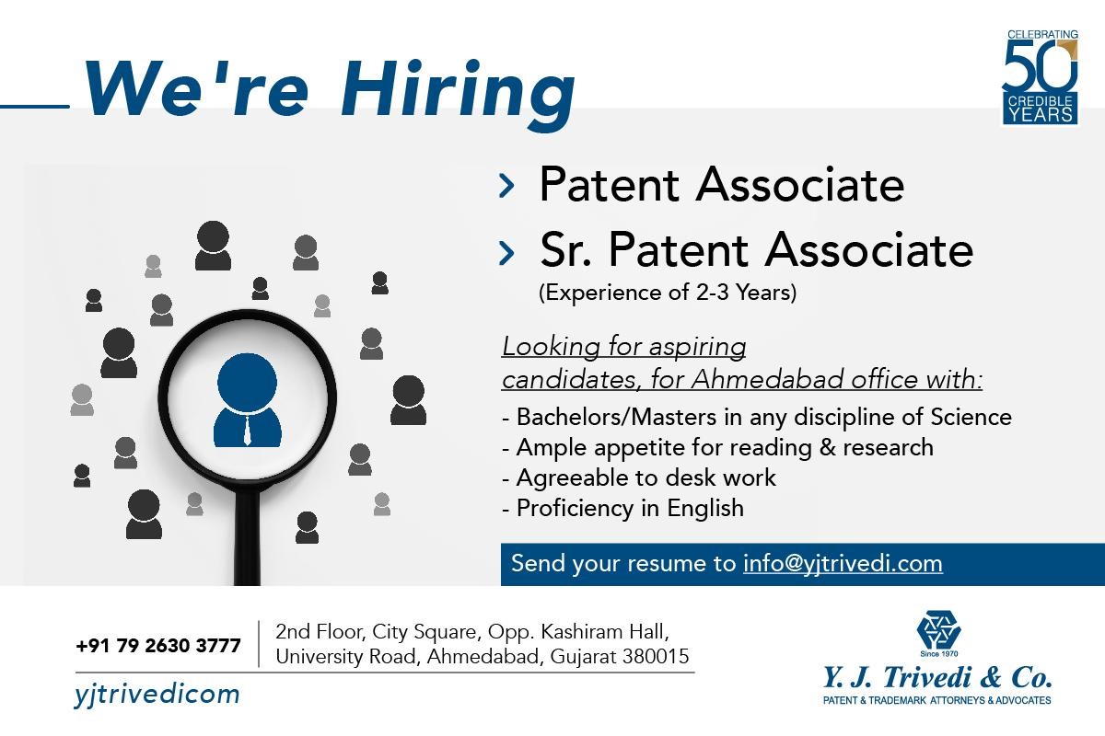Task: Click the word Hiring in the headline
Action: pos(458,95)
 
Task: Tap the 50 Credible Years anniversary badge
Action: pos(1040,77)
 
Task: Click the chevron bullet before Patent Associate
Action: pos(506,186)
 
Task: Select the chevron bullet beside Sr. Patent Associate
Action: pos(506,252)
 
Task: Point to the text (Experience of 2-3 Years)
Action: pos(668,293)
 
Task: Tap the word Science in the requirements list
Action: pos(971,417)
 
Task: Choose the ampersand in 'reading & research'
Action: pos(827,448)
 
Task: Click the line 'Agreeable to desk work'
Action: pos(639,477)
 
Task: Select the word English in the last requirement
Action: pos(705,508)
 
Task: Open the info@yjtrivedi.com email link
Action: pos(843,563)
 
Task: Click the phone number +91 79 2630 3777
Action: pos(158,646)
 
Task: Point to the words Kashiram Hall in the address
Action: pos(605,631)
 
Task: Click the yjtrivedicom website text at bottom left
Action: pos(157,695)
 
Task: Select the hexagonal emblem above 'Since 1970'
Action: pos(938,629)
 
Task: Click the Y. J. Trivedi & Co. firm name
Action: pos(936,677)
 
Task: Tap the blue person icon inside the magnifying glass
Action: pos(247,400)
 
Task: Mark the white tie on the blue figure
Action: pos(247,431)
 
